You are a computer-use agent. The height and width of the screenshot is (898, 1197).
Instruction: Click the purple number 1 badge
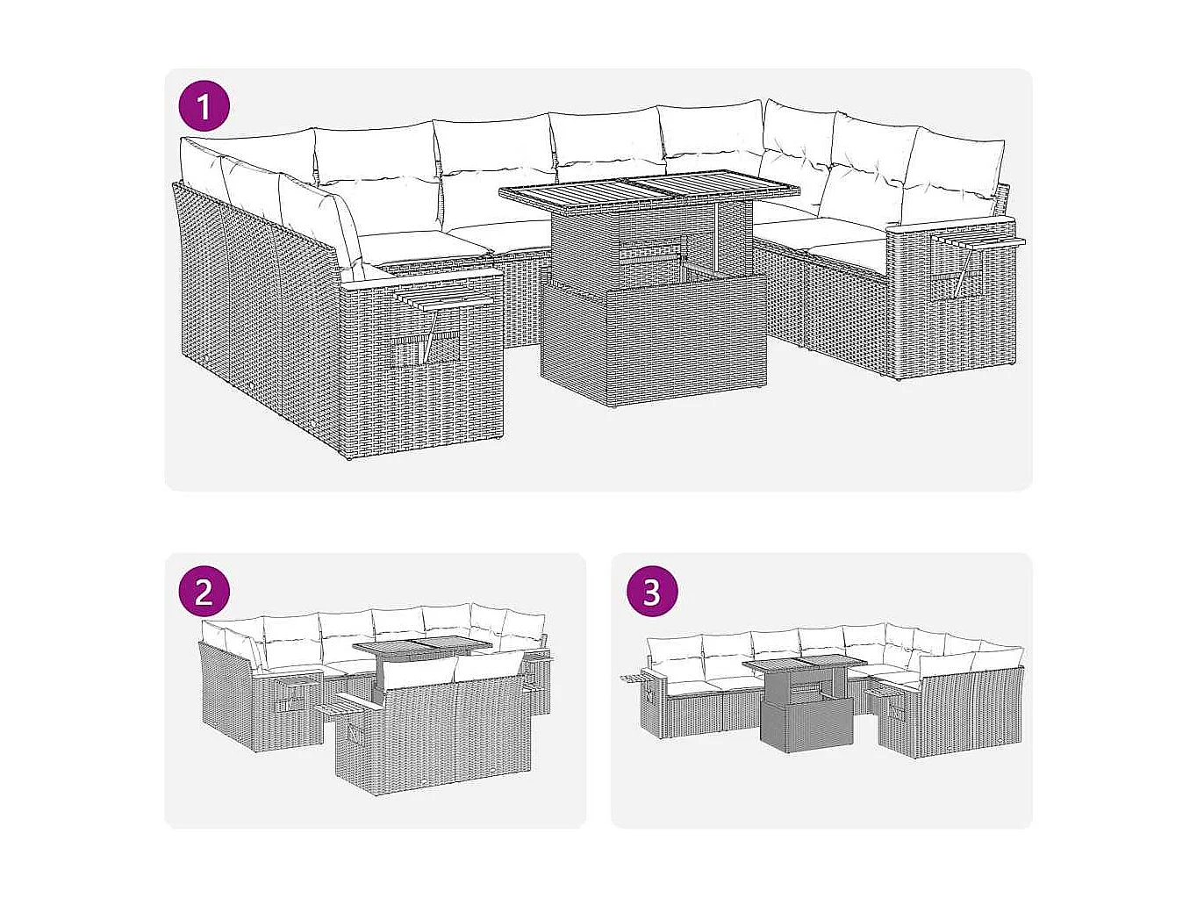[204, 107]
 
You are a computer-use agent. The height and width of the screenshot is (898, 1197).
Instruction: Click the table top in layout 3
[805, 664]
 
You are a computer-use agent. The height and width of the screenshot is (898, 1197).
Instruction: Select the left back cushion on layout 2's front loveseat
[418, 672]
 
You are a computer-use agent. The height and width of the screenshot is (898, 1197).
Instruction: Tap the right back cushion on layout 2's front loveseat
[487, 667]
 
